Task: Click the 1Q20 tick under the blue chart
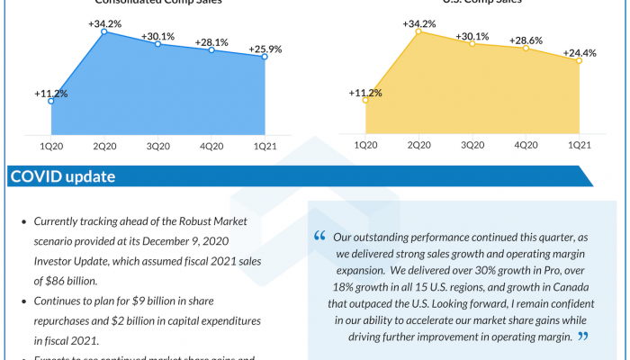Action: tap(50, 146)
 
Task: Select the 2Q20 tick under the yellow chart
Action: tap(418, 146)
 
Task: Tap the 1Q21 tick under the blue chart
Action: tap(265, 146)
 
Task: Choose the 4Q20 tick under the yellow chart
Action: tap(526, 146)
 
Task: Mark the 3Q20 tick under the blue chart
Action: tap(158, 146)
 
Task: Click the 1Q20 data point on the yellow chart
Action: tap(364, 101)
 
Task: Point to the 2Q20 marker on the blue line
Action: tap(105, 31)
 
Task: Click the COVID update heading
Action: tap(62, 176)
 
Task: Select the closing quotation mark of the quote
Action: tap(582, 337)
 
